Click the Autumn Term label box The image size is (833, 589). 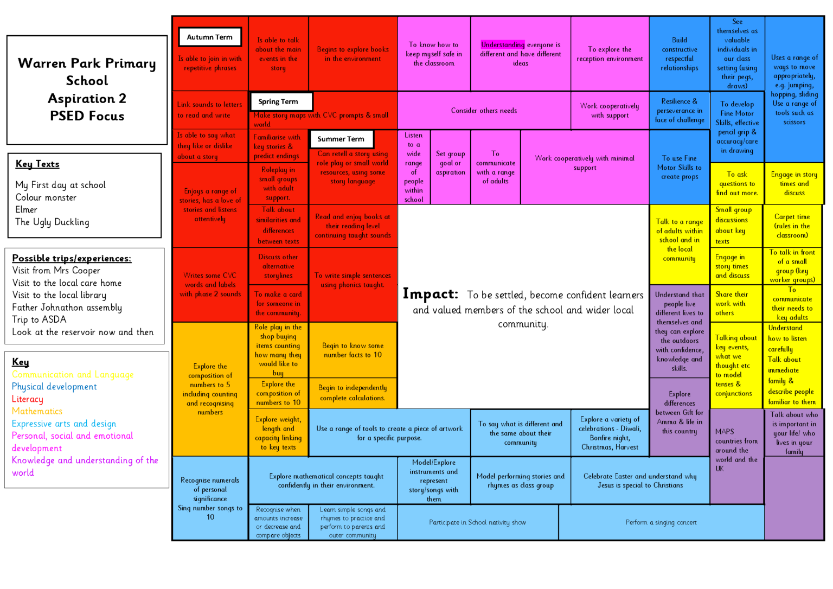click(209, 37)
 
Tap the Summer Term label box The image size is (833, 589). click(341, 139)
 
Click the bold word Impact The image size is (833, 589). click(430, 294)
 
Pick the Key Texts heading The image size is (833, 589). click(37, 164)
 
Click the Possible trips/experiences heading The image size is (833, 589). click(72, 258)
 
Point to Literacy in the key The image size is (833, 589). click(28, 399)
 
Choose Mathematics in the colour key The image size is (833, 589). click(37, 411)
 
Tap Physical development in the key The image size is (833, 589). click(54, 387)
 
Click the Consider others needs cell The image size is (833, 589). click(484, 111)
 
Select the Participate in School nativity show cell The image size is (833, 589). click(477, 522)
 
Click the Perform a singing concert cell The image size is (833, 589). click(661, 522)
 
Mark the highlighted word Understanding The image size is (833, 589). click(503, 44)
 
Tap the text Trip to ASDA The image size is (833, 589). click(39, 319)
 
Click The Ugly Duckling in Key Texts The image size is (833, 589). click(52, 222)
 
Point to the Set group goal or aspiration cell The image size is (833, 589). click(450, 163)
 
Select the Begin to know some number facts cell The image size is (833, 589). click(353, 350)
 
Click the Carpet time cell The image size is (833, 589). click(792, 226)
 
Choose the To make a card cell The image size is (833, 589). click(278, 304)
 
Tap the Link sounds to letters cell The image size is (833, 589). click(209, 110)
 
